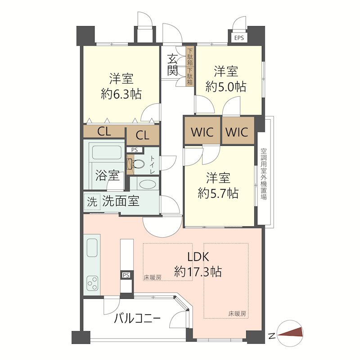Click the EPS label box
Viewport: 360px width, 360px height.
239,38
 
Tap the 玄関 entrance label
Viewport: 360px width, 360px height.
172,65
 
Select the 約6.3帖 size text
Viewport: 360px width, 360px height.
121,94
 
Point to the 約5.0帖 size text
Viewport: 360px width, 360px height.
226,87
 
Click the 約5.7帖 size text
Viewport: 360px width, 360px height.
218,193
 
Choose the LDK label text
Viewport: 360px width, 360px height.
198,257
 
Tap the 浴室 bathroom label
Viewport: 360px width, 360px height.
108,175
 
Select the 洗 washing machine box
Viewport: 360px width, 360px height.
92,202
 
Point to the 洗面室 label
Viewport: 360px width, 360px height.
121,201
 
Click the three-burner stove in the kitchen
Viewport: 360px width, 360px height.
92,283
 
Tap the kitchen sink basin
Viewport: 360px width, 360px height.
92,248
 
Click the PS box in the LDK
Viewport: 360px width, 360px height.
126,275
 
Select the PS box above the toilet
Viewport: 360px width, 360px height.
135,150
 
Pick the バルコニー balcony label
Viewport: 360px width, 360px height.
137,319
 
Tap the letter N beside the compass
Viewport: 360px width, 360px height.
272,336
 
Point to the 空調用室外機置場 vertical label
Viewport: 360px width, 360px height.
264,174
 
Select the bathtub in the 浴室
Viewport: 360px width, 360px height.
106,153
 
